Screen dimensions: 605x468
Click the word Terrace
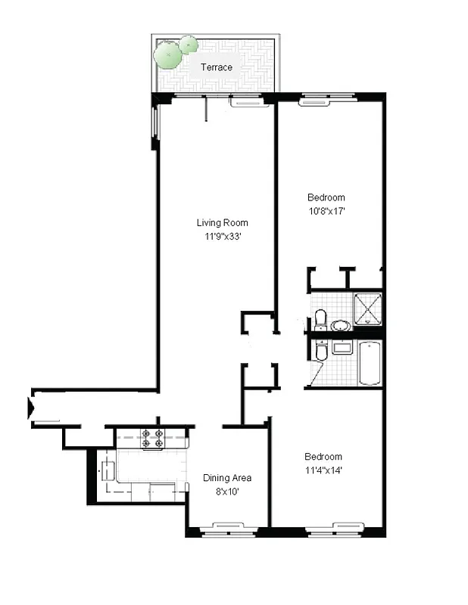click(x=216, y=67)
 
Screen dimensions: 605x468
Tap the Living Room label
click(x=222, y=222)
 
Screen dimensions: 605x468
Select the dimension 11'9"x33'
click(x=222, y=236)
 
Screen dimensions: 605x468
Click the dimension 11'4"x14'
click(x=324, y=470)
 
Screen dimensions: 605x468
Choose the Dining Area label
click(x=227, y=478)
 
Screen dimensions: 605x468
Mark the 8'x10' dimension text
click(x=226, y=492)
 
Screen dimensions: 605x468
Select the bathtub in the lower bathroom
click(x=370, y=364)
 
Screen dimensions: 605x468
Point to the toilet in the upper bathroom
click(x=320, y=319)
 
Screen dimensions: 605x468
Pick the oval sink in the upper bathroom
click(x=341, y=325)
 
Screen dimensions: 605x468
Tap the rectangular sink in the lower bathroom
click(x=342, y=347)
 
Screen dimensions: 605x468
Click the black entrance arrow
click(x=32, y=408)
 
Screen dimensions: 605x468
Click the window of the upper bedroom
click(x=313, y=98)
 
